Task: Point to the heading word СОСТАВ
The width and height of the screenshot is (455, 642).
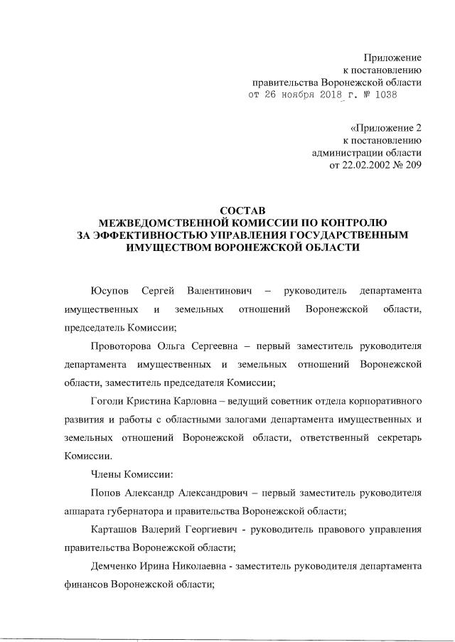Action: [242, 211]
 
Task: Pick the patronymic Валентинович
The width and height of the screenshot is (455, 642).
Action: [218, 291]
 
